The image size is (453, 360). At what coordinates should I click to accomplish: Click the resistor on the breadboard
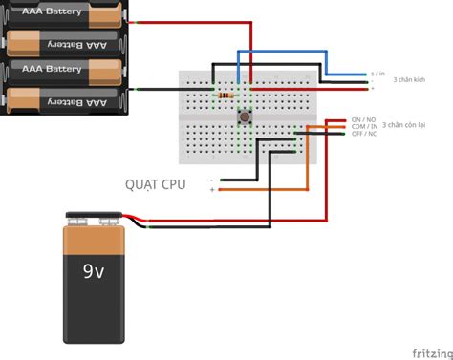click(225, 95)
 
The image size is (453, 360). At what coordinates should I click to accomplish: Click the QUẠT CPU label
click(155, 182)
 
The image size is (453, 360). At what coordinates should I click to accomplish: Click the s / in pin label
click(377, 73)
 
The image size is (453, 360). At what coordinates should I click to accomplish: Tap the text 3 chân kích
click(409, 79)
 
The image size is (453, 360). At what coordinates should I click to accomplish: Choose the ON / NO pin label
click(362, 120)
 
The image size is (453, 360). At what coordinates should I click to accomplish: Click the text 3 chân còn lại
click(408, 125)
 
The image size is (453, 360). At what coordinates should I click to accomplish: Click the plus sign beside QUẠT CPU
click(211, 190)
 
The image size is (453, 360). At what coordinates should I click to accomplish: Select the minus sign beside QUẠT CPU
click(211, 180)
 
